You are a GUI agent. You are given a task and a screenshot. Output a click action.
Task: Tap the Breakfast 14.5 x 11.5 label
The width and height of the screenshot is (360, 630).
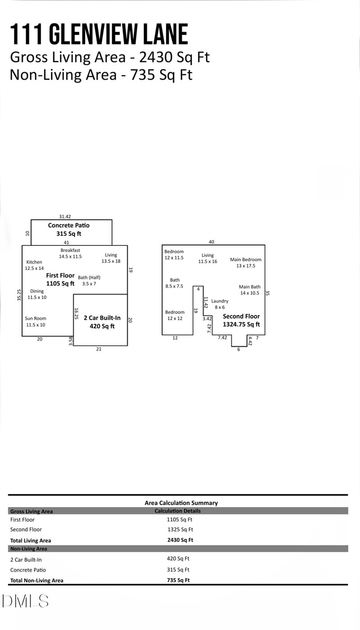(70, 253)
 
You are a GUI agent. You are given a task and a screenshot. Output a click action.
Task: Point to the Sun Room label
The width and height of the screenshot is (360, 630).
(35, 322)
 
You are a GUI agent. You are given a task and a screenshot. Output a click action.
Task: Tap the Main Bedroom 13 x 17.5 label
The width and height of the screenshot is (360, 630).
(246, 263)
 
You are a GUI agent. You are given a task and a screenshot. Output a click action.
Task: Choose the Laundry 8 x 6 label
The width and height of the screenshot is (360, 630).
(220, 304)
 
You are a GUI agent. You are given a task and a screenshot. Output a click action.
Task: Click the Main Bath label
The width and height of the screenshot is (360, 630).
(250, 290)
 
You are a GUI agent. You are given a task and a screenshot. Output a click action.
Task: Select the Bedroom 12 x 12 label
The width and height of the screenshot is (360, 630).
(174, 315)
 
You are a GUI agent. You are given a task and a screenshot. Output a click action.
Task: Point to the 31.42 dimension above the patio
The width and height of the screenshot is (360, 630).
(65, 216)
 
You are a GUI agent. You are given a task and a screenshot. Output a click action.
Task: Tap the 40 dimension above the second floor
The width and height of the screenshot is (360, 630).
(211, 242)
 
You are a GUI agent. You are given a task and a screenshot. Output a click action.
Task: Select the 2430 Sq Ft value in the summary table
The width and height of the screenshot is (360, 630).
(180, 540)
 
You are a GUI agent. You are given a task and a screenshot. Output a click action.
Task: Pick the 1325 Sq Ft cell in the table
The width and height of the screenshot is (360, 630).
(180, 530)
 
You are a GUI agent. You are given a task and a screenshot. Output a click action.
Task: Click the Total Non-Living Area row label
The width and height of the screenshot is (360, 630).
(36, 580)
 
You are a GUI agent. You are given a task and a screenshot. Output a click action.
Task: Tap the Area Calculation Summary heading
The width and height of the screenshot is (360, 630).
(181, 503)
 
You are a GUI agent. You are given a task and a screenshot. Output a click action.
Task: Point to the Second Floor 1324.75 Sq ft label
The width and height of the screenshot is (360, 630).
(241, 320)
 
